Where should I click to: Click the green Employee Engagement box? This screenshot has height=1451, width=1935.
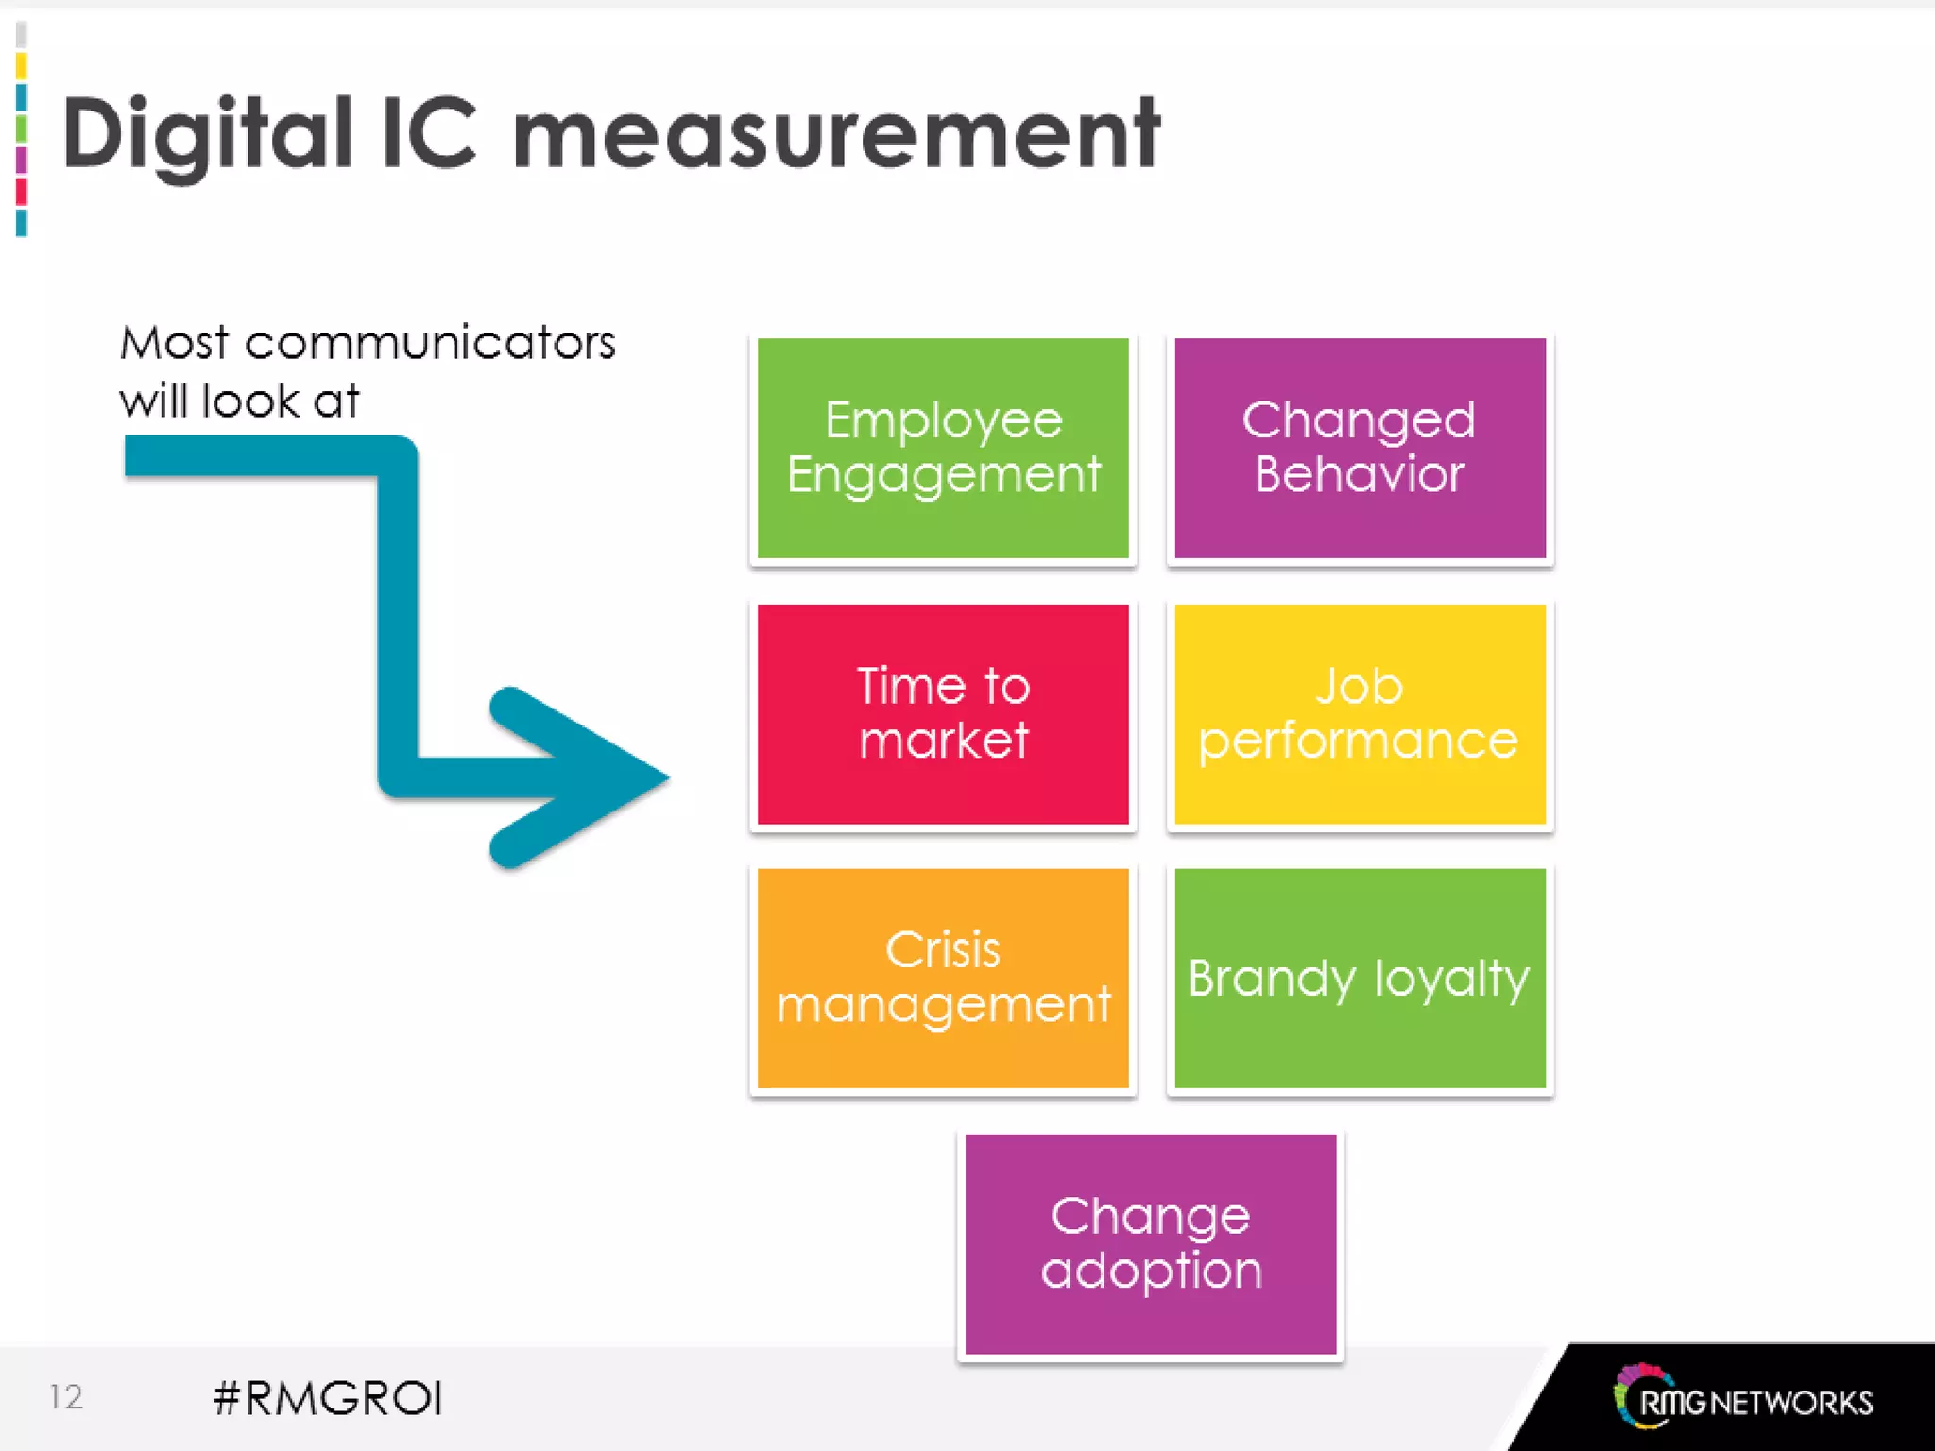(943, 448)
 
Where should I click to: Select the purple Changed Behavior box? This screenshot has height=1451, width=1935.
(1360, 448)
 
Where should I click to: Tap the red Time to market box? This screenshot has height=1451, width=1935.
(943, 713)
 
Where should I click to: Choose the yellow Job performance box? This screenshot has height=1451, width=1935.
(1360, 713)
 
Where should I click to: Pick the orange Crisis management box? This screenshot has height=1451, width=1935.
(943, 978)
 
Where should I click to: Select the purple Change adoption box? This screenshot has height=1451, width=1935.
(1151, 1243)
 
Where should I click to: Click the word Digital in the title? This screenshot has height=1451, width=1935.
(207, 134)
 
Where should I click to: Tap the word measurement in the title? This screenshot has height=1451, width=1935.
(836, 134)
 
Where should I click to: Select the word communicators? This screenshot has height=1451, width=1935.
(430, 342)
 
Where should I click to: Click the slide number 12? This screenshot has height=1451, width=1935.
(66, 1396)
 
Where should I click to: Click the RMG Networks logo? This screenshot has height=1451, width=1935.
(1743, 1397)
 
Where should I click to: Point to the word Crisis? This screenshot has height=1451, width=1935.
(943, 950)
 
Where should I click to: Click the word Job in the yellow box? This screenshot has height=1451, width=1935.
(1360, 686)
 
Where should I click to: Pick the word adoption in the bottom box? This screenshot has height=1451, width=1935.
(1151, 1271)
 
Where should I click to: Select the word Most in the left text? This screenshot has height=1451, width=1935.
(175, 342)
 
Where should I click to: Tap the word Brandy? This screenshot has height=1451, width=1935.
(1272, 979)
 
